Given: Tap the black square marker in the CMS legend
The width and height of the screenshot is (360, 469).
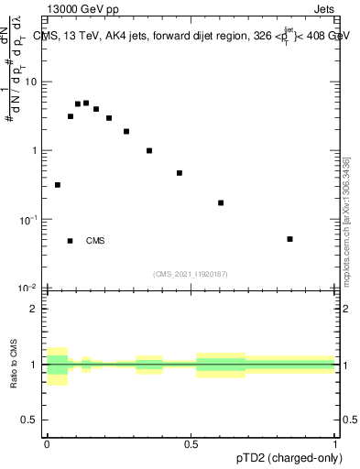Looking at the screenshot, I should [x=70, y=241].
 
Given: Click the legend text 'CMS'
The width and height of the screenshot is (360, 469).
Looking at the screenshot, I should [x=95, y=241].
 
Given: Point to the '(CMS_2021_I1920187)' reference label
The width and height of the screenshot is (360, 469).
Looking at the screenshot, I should [x=190, y=273].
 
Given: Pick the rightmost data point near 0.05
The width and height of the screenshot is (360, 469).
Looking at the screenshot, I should [x=289, y=239].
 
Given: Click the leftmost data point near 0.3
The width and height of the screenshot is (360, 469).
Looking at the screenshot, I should [x=58, y=185].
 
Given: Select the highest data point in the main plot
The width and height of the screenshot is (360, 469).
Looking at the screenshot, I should [x=86, y=103].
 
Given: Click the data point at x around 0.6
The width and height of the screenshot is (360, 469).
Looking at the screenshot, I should [x=221, y=202].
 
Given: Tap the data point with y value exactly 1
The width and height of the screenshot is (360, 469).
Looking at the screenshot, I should [x=149, y=150].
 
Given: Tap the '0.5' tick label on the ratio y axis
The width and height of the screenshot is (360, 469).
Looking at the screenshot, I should [x=30, y=421].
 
